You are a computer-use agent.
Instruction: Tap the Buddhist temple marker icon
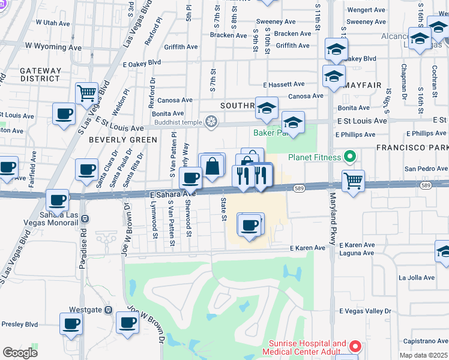point(211,122)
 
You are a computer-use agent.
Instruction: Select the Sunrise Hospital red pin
point(355,347)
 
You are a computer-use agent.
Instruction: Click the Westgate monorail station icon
point(108,310)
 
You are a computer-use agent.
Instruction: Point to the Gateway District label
point(41,74)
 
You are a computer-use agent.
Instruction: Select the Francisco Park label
point(412,147)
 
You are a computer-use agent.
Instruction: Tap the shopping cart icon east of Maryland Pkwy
point(353,179)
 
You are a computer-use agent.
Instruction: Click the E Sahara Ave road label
point(173,194)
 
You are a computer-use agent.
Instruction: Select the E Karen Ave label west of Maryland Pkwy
point(307,248)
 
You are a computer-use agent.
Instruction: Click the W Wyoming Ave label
point(53,46)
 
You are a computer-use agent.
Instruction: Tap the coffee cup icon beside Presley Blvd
point(71,323)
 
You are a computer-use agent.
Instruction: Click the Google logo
point(20,353)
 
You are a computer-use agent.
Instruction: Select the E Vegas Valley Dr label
point(365,311)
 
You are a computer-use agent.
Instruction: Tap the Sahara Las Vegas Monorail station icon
point(85,219)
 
